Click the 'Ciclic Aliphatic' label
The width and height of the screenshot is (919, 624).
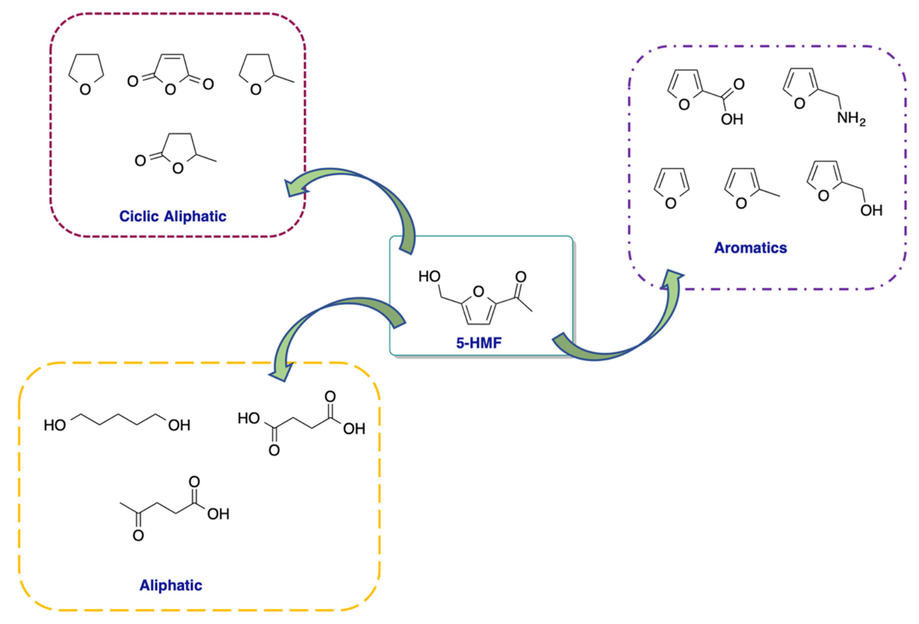click(173, 216)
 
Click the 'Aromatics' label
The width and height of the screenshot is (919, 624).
click(750, 248)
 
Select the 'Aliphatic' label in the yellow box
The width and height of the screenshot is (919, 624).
click(171, 585)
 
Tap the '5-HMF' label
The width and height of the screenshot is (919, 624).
click(479, 343)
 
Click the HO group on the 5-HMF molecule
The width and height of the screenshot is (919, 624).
click(429, 277)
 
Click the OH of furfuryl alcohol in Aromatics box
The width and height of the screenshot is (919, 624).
click(871, 210)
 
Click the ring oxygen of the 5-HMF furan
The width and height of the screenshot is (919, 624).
click(479, 292)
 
